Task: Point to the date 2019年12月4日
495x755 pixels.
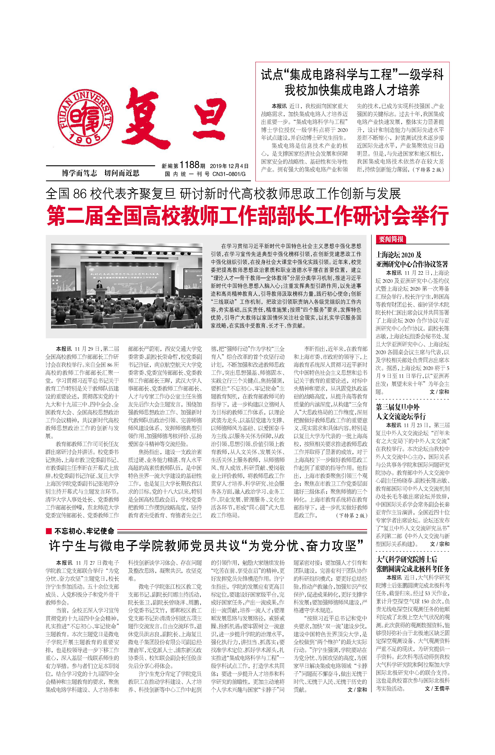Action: [x=229, y=166]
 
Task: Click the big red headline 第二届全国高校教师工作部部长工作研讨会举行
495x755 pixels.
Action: [x=248, y=216]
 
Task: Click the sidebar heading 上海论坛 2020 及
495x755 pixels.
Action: [x=399, y=254]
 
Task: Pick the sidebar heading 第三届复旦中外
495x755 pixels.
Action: [x=398, y=407]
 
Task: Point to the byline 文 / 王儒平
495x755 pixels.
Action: [x=437, y=688]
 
